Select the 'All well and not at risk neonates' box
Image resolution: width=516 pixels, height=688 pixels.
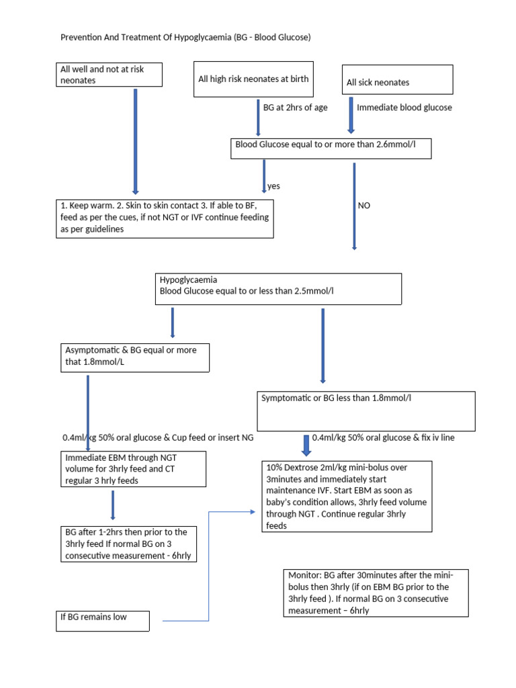click(109, 75)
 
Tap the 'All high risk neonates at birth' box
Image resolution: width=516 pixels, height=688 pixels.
click(253, 79)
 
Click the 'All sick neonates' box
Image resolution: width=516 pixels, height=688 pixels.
click(397, 80)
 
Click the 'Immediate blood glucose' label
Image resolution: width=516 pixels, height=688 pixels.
click(404, 107)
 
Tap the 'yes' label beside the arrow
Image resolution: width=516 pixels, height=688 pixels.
click(273, 186)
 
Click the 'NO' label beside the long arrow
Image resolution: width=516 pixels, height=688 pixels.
click(364, 206)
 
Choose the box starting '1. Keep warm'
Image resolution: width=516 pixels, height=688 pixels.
click(164, 218)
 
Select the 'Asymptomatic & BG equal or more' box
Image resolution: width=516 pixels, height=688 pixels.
click(135, 357)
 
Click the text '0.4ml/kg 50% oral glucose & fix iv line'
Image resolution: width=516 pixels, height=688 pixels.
click(383, 437)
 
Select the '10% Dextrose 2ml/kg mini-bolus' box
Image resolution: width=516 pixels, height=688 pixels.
click(347, 497)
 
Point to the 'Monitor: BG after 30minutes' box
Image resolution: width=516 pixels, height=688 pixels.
click(375, 593)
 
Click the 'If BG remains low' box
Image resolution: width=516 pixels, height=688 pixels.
click(102, 619)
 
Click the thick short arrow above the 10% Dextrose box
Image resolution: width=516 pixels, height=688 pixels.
click(306, 445)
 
